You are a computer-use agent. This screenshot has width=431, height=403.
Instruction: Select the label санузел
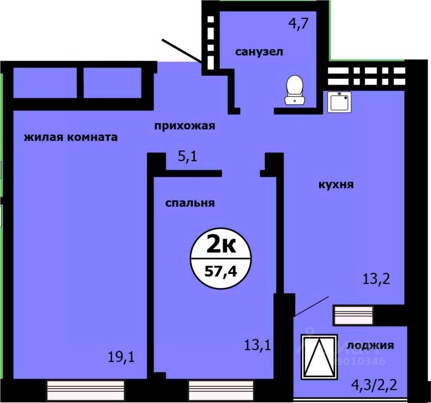tap(259, 52)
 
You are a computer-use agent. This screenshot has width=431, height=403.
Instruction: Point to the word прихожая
tap(184, 126)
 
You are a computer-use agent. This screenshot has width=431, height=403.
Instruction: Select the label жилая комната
tap(70, 137)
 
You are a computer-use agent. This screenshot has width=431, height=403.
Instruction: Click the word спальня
tap(190, 203)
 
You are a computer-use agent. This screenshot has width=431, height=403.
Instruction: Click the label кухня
tap(335, 184)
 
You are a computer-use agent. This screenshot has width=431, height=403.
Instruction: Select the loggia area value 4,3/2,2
tap(374, 384)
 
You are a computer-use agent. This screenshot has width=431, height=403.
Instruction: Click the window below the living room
tap(85, 387)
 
